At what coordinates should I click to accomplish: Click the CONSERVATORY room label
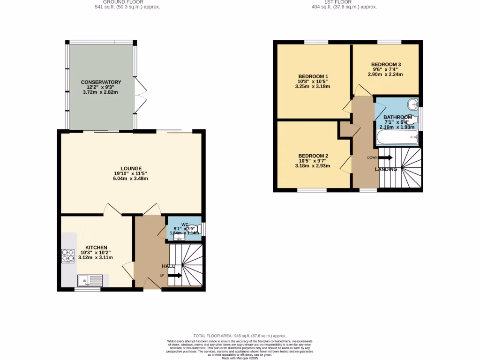click(101, 82)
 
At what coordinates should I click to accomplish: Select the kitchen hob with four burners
click(68, 255)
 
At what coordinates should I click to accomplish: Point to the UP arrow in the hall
click(174, 276)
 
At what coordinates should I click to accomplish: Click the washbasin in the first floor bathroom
click(412, 104)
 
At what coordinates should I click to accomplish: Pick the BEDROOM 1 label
click(313, 76)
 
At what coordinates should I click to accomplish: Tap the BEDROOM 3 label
click(386, 64)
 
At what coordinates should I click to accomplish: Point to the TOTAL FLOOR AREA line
click(240, 336)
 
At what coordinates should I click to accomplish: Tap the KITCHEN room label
click(96, 247)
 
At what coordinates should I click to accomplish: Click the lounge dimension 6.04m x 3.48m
click(131, 179)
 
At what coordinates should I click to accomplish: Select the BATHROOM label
click(398, 117)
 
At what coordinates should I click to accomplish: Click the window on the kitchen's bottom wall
click(87, 290)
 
